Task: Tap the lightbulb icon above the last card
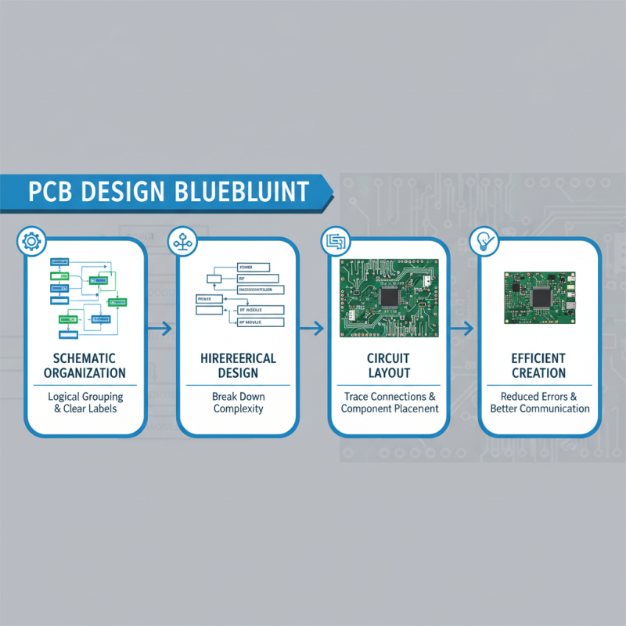click(483, 241)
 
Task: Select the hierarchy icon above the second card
click(182, 241)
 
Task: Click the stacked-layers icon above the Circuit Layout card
click(333, 241)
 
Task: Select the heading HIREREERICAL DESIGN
click(237, 365)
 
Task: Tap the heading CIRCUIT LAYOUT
click(389, 365)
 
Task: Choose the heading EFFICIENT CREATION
click(539, 365)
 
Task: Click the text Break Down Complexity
click(237, 402)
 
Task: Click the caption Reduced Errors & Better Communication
click(539, 402)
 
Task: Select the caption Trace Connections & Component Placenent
click(389, 402)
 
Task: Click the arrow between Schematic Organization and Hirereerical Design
click(161, 329)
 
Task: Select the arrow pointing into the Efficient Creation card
click(463, 329)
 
